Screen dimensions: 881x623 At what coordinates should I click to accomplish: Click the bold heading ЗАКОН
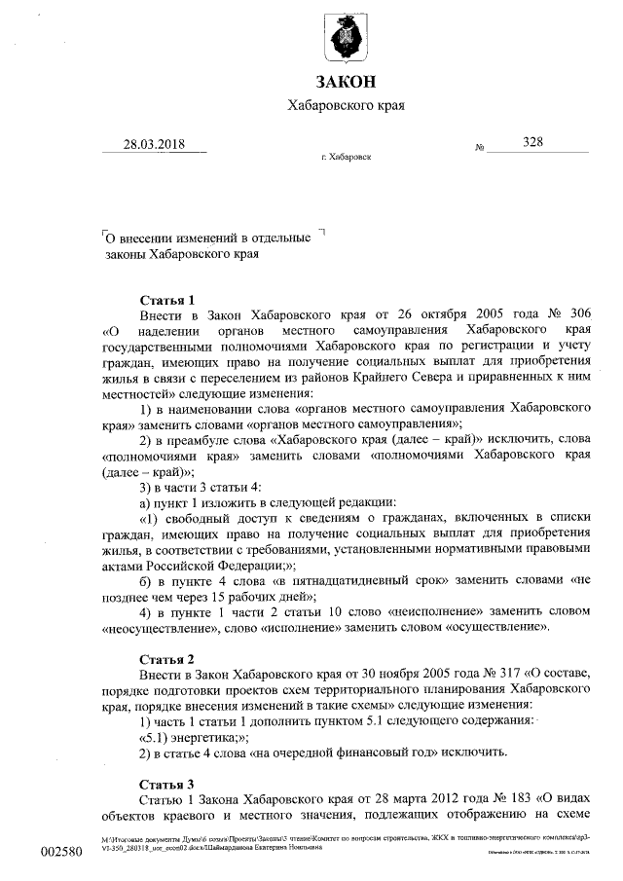[345, 80]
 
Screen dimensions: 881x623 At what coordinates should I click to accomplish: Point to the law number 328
[532, 141]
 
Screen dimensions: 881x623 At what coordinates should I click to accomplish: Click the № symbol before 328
[480, 148]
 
